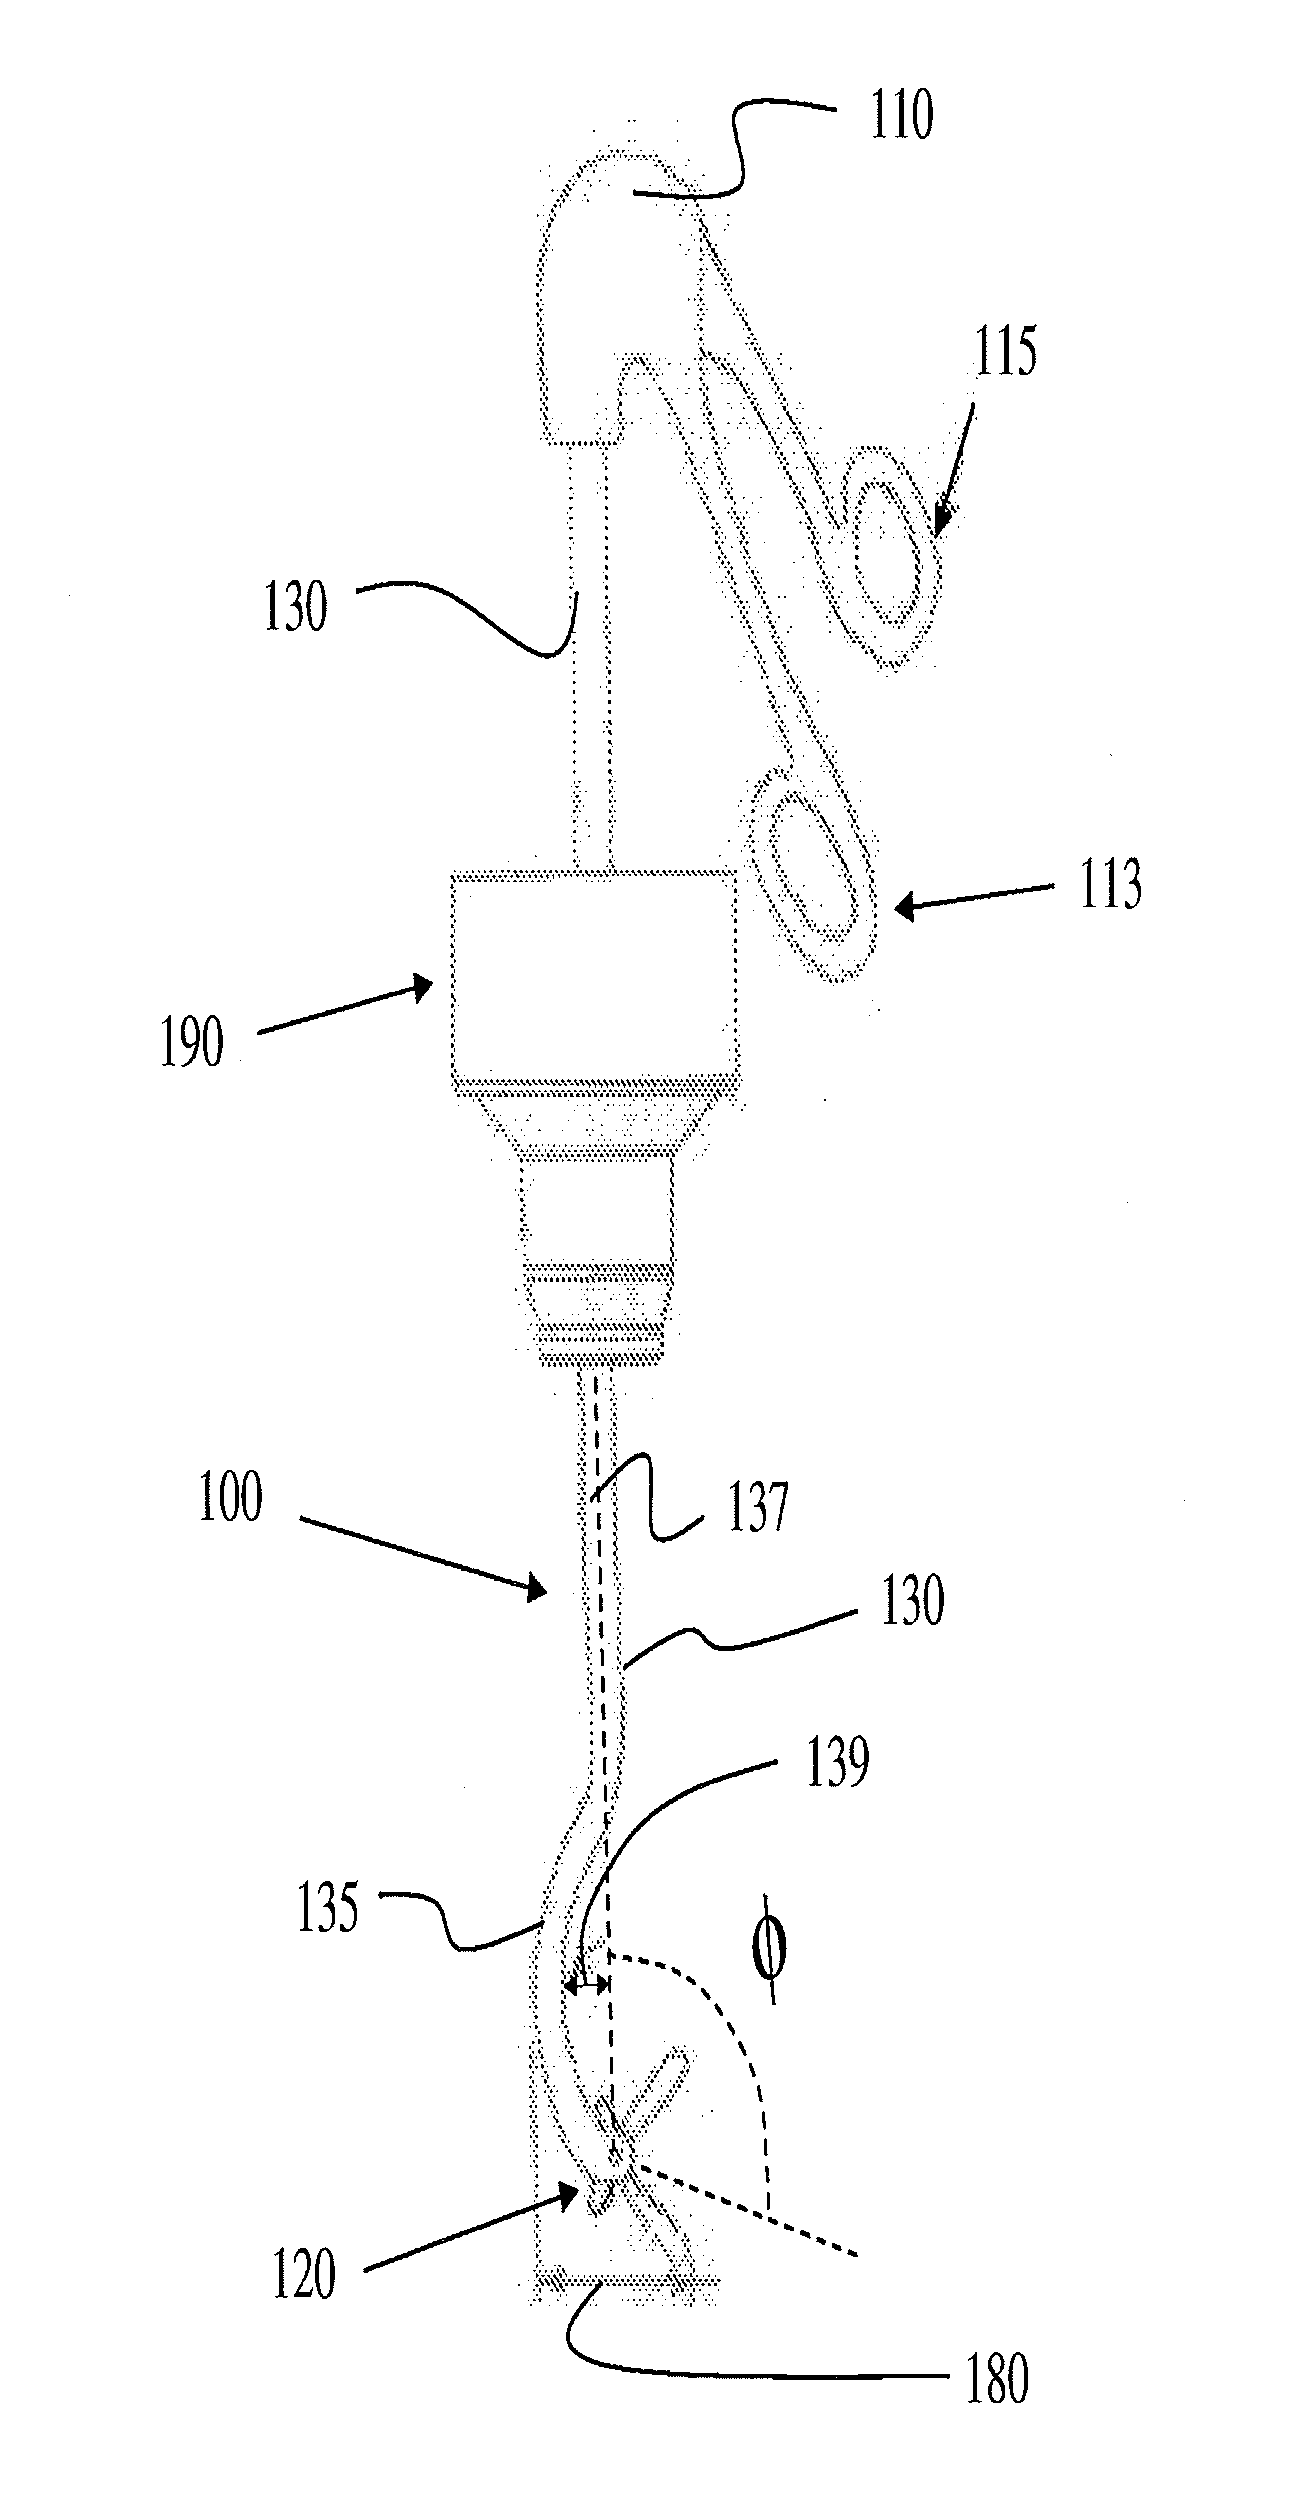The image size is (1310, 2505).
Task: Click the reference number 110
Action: click(900, 116)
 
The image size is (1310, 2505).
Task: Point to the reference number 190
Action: click(192, 1044)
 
